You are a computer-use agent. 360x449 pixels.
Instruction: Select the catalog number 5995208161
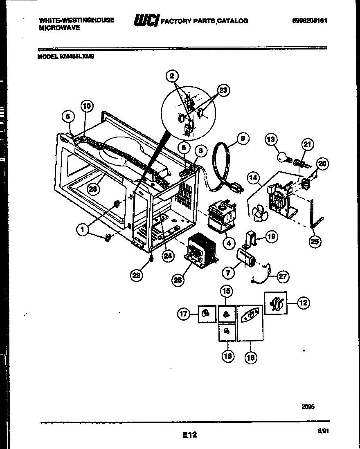click(x=310, y=20)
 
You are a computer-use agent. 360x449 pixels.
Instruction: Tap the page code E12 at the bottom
click(x=189, y=435)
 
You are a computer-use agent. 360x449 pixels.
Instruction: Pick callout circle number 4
click(x=228, y=243)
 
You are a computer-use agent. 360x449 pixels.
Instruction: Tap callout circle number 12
click(x=303, y=303)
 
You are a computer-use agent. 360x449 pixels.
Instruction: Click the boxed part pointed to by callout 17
click(x=207, y=314)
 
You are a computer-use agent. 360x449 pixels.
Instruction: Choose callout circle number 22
click(x=137, y=276)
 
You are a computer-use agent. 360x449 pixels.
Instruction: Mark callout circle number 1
click(x=83, y=230)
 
